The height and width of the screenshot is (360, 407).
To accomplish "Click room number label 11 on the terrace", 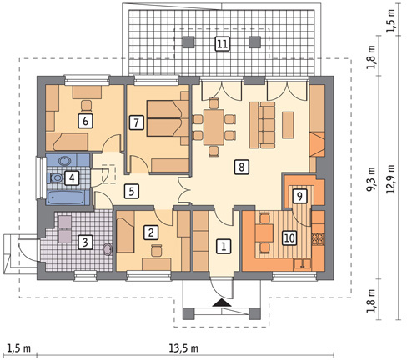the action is (222, 43).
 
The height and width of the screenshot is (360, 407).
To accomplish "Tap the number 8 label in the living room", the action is (241, 167).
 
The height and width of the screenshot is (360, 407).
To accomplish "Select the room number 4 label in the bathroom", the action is (72, 177).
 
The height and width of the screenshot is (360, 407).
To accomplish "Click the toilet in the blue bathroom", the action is (54, 177).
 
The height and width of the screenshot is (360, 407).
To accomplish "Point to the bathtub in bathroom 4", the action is (66, 197).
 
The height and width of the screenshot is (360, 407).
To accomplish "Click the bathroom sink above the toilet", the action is (66, 160).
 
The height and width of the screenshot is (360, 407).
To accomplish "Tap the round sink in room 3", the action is (108, 249).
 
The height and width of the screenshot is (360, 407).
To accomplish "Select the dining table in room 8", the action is (214, 127).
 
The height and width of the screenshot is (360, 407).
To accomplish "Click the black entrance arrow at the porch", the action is (222, 302).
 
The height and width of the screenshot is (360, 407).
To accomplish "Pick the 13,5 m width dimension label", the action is (183, 347).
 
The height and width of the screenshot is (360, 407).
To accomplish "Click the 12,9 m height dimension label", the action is (391, 179).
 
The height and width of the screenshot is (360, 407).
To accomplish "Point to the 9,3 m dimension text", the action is (371, 179).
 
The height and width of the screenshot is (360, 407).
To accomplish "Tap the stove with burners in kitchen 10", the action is (318, 239).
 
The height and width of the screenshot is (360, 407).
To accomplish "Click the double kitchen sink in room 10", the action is (303, 263).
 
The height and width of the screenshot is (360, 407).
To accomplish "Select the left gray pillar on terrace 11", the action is (188, 42).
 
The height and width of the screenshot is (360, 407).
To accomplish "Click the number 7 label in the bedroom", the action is (136, 122).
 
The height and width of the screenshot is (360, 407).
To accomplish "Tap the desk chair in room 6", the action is (87, 106).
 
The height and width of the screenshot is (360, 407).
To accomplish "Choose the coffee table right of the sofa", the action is (288, 125).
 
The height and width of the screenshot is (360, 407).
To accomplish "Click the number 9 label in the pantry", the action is (299, 196).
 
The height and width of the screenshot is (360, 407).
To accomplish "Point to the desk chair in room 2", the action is (157, 250).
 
